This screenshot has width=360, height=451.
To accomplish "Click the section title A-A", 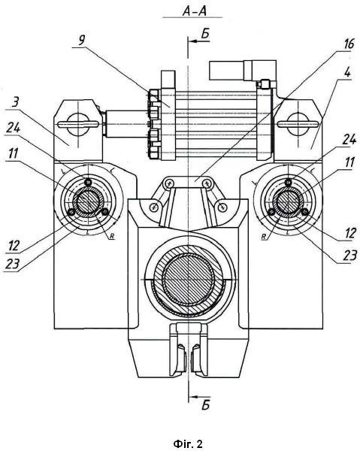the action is (195, 11).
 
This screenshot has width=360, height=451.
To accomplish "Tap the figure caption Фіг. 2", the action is (188, 443).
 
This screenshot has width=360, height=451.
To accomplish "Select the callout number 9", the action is (82, 41).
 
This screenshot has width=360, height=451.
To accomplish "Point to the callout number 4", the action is (348, 72).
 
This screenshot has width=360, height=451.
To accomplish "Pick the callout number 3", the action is (15, 102).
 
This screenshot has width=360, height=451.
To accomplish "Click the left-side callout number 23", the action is (12, 264).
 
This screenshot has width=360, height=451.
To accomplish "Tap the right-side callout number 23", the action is (350, 255).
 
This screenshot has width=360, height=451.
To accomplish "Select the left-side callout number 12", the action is (14, 246).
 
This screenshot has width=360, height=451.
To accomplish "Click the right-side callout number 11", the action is (349, 162).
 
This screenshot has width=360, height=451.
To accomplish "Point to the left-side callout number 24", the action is (14, 128).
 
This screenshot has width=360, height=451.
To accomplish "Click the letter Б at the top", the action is (205, 34).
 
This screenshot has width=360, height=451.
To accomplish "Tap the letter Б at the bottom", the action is (206, 405).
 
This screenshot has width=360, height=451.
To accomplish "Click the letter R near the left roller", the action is (113, 237).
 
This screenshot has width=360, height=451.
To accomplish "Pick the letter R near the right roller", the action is (263, 237).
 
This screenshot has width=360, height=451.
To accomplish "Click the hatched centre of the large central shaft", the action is (189, 280).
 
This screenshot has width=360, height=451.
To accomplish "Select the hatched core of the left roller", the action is (88, 200).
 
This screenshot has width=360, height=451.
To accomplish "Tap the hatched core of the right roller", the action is (288, 200).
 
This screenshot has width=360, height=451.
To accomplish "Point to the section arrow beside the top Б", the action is (199, 41).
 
